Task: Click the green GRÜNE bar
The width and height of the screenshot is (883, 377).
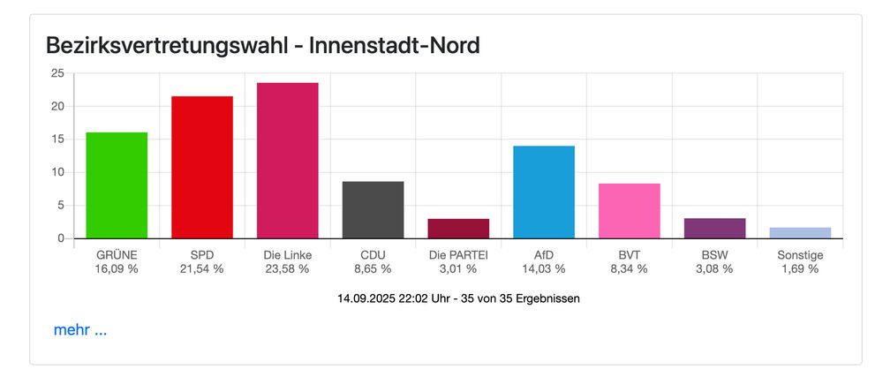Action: pyautogui.click(x=117, y=185)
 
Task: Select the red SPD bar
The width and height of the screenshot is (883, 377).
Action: pyautogui.click(x=202, y=168)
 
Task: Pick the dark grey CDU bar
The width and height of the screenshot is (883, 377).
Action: pyautogui.click(x=373, y=210)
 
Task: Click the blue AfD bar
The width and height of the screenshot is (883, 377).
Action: pyautogui.click(x=544, y=192)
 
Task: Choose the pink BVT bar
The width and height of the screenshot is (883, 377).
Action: pyautogui.click(x=629, y=211)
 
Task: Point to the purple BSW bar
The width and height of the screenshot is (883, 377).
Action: pyautogui.click(x=714, y=229)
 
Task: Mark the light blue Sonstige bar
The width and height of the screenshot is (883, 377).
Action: pyautogui.click(x=800, y=233)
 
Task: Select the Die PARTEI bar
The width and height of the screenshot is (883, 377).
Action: pyautogui.click(x=458, y=229)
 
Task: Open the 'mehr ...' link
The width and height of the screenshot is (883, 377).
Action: pyautogui.click(x=80, y=330)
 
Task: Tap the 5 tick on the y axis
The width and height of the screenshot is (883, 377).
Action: pyautogui.click(x=59, y=206)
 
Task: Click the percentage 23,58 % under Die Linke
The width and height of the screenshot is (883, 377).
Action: pyautogui.click(x=287, y=268)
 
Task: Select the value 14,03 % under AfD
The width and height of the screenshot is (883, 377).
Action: pyautogui.click(x=544, y=268)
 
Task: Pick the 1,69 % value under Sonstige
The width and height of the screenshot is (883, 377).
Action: pyautogui.click(x=800, y=268)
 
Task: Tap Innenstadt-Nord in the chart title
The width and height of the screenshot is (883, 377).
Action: pyautogui.click(x=399, y=45)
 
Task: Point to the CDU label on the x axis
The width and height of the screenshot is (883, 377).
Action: pyautogui.click(x=373, y=254)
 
